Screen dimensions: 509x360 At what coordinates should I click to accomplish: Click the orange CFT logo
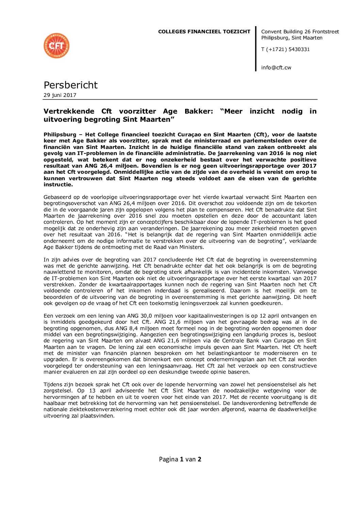[56, 46]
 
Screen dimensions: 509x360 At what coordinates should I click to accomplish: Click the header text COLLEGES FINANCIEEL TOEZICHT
[204, 32]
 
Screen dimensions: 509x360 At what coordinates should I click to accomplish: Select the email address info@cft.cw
[276, 67]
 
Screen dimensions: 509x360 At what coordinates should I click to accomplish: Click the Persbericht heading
[70, 85]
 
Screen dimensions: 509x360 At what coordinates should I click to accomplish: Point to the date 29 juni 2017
[60, 95]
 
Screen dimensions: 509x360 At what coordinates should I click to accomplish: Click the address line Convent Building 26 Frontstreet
[300, 32]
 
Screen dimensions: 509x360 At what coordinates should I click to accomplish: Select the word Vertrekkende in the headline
[69, 111]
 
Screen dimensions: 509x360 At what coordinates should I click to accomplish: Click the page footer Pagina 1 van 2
[180, 459]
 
